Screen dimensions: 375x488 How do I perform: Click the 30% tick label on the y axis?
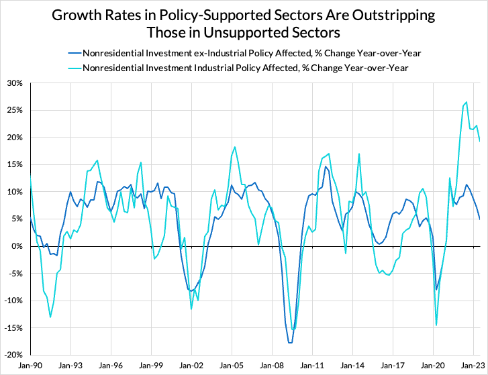click(x=14, y=83)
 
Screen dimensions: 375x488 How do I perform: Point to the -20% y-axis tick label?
click(x=13, y=354)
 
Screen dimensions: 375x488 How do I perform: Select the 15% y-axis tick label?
click(x=14, y=164)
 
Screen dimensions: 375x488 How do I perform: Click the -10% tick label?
click(x=13, y=300)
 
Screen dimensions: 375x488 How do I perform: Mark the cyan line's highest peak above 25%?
click(x=467, y=102)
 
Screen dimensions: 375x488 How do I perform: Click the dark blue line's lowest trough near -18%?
click(x=290, y=343)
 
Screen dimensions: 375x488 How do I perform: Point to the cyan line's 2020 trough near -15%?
click(x=436, y=325)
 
